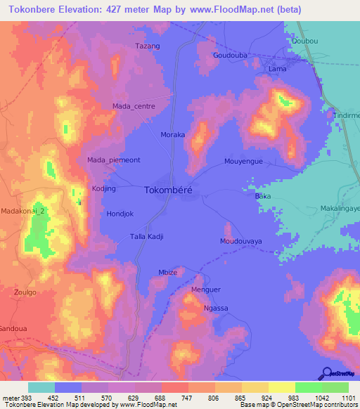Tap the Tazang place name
(x=148, y=46)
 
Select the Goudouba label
(x=230, y=54)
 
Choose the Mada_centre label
(x=134, y=106)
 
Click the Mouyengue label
(x=243, y=161)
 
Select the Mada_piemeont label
(x=114, y=160)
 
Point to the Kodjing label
(x=103, y=189)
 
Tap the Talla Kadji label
(x=146, y=237)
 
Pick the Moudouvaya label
(x=240, y=241)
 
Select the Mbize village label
(x=167, y=273)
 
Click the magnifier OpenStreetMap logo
(x=326, y=373)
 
